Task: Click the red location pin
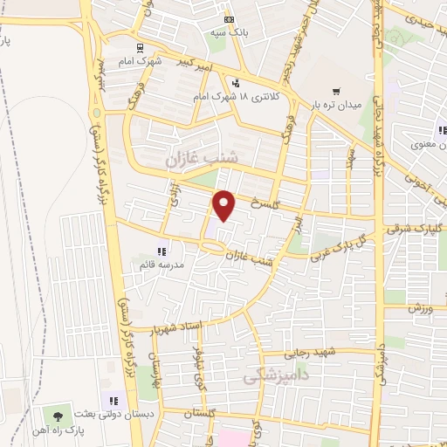225,205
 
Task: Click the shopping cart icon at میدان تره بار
336,91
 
